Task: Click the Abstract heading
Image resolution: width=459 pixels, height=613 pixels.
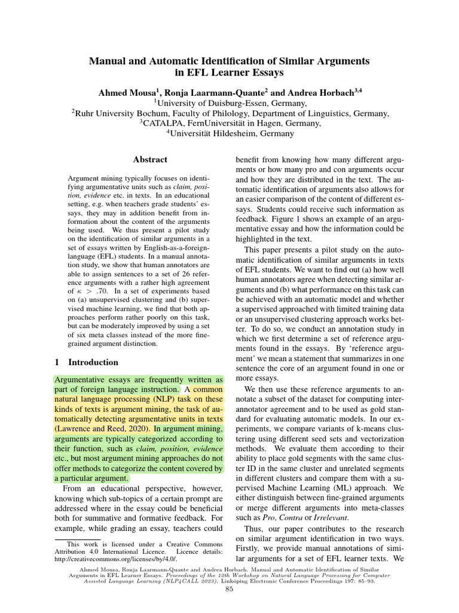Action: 150,160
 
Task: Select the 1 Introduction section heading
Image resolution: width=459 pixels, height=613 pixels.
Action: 87,362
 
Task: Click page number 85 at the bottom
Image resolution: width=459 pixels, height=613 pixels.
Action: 229,590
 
